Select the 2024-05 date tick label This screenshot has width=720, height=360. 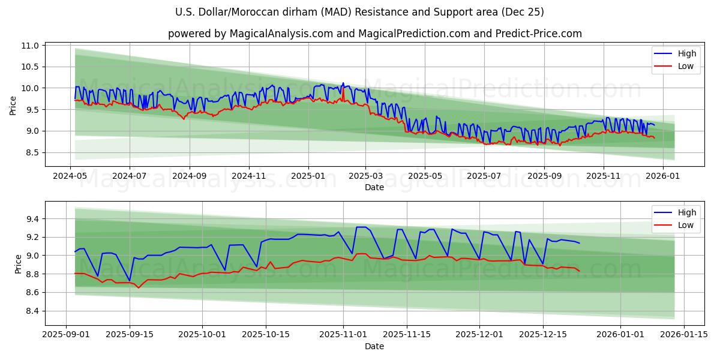coord(71,176)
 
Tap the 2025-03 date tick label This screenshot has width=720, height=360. coord(366,176)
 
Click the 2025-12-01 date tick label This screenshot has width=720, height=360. coord(479,335)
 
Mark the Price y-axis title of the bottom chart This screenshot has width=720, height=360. coord(18,263)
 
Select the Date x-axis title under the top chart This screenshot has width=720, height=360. coord(374,187)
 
